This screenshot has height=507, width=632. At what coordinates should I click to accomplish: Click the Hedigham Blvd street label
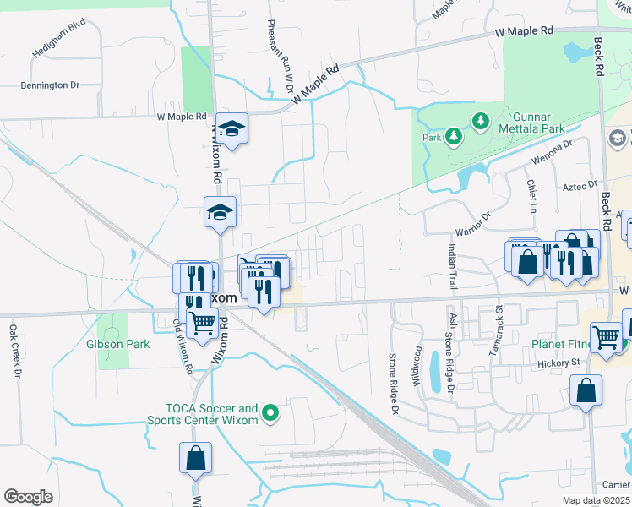(59, 51)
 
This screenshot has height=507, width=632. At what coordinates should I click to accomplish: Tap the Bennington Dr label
(49, 85)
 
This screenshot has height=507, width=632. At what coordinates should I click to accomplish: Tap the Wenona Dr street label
(551, 152)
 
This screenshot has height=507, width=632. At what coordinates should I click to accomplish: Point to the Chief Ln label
(531, 196)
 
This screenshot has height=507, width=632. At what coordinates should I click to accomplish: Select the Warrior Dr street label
(473, 222)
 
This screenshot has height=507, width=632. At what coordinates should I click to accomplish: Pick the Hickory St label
(559, 363)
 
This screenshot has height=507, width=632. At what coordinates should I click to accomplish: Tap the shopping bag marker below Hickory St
(586, 391)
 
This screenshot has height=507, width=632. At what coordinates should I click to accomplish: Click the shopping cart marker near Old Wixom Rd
(201, 322)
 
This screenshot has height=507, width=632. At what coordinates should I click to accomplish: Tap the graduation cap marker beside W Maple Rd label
(232, 128)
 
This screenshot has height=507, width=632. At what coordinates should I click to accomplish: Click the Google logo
(28, 497)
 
